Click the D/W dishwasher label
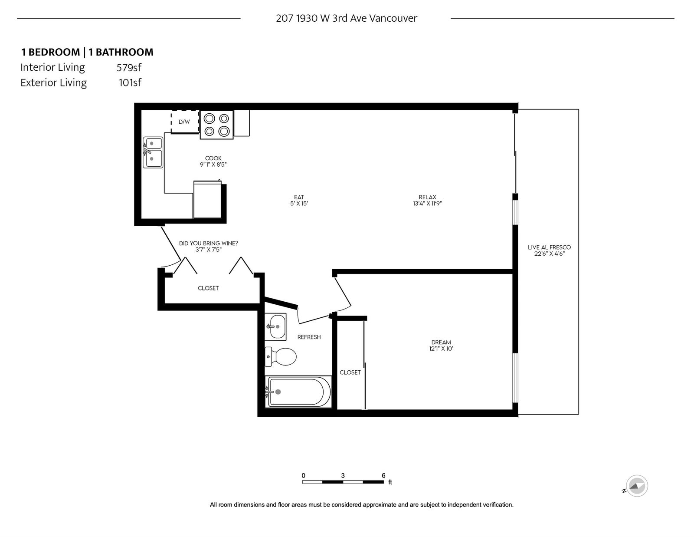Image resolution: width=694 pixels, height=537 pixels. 184,122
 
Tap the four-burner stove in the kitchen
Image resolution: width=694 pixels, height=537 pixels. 216,125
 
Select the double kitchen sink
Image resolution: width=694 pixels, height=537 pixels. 153,152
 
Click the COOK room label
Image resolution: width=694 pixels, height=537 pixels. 213,158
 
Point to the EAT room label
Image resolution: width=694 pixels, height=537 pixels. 299,197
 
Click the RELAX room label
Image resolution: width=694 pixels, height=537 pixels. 427,197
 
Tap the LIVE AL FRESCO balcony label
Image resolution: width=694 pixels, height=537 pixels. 549,247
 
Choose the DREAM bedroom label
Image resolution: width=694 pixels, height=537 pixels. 441,342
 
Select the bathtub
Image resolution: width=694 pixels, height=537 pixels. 298,392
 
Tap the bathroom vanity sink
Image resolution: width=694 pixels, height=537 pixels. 275,327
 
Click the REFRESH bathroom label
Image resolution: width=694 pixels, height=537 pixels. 309,337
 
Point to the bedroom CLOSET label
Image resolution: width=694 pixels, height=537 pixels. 350,372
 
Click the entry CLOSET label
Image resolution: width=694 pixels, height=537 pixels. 208,288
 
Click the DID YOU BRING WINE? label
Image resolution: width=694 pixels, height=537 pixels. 208,243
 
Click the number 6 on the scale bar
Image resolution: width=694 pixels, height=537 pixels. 383,475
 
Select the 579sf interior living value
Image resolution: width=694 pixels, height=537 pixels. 129,67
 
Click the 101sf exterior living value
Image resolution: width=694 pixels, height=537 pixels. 130,82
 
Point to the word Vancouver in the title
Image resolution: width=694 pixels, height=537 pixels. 393,18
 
